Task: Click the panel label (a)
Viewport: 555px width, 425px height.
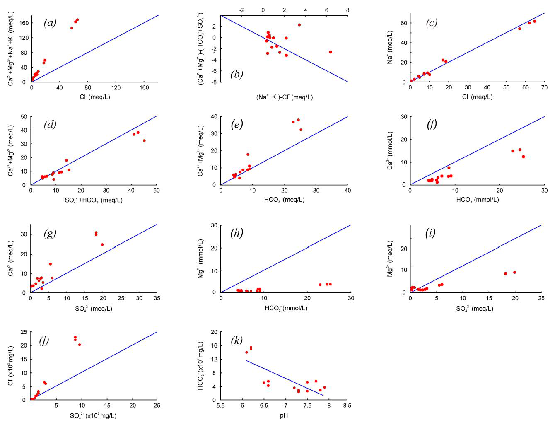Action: [x=50, y=23]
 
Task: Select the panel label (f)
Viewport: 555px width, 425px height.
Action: [x=432, y=125]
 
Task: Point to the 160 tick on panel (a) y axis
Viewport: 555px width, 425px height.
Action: [x=24, y=23]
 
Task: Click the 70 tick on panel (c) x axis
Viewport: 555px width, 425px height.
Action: [x=544, y=88]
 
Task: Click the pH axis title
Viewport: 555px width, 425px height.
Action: [x=284, y=415]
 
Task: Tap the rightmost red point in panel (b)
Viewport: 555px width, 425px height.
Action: [x=331, y=52]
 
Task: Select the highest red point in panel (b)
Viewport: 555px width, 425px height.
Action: [x=299, y=25]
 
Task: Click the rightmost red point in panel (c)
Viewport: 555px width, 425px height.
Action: [x=534, y=22]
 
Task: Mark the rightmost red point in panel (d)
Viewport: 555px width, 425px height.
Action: [x=144, y=141]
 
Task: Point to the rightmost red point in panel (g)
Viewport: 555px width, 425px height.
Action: [x=102, y=244]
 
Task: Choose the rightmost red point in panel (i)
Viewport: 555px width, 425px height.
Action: [x=514, y=272]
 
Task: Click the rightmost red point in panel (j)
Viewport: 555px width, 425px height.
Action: [x=80, y=345]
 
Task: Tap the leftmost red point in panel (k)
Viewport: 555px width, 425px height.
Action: [x=246, y=353]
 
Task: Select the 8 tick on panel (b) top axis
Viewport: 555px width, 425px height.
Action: [x=347, y=10]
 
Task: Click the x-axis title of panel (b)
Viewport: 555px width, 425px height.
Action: [x=284, y=97]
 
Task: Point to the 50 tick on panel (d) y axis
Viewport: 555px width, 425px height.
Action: [x=24, y=117]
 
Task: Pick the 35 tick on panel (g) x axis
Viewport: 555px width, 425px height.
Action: [x=157, y=298]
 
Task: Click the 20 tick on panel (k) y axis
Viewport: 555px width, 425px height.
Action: [x=214, y=332]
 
